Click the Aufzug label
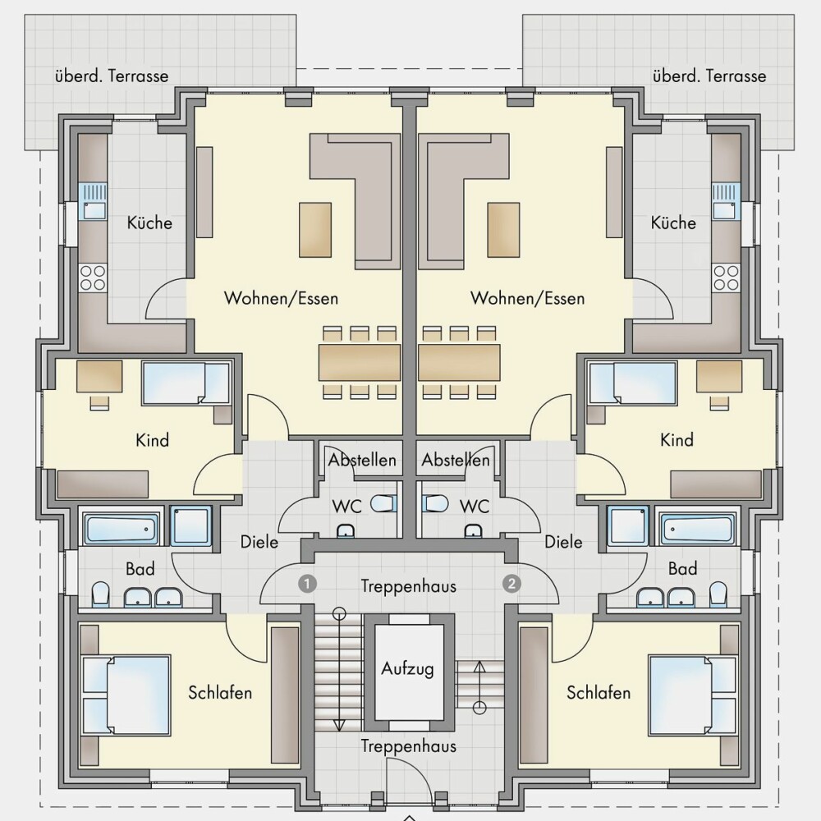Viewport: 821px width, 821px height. [407, 669]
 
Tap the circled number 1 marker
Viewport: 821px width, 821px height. [307, 583]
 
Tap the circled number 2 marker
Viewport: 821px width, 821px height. [511, 583]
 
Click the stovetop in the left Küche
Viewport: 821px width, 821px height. [92, 277]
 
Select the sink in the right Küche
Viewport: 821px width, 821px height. [727, 201]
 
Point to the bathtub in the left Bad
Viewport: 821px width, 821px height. [121, 530]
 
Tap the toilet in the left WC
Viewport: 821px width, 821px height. [383, 504]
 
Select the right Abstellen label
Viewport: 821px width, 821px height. [456, 461]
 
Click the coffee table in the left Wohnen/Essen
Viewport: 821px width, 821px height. [315, 230]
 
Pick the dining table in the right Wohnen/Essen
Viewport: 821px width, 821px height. [459, 362]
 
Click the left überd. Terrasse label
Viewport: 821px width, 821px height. [112, 76]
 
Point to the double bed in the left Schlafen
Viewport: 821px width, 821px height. [126, 695]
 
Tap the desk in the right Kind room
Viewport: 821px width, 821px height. [719, 376]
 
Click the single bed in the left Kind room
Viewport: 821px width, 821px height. [186, 383]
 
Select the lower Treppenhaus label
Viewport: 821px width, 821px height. [408, 746]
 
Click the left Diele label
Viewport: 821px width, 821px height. [259, 542]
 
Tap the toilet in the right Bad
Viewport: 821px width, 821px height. [718, 595]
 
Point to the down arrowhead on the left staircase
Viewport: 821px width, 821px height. [339, 725]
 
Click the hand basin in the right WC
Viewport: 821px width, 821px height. [474, 531]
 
